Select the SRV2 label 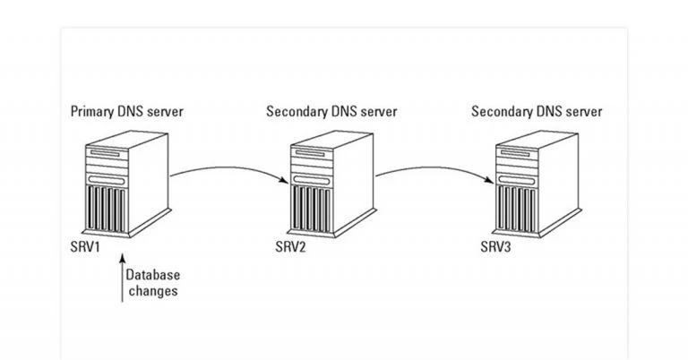click(292, 245)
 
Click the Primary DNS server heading click(128, 112)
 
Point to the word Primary click(93, 112)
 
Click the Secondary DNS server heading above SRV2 click(331, 112)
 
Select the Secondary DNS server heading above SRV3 click(537, 112)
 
